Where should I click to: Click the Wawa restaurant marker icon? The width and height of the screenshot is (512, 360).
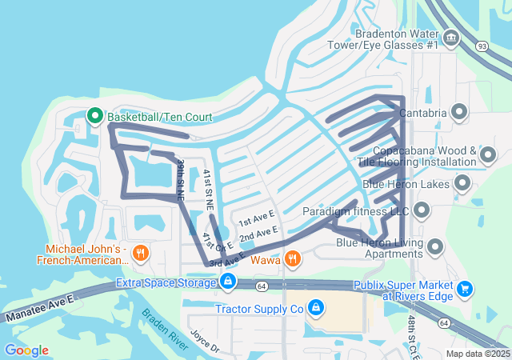(293, 259)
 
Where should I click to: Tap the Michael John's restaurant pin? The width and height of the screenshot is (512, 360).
(142, 253)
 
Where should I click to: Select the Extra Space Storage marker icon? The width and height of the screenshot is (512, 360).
(228, 282)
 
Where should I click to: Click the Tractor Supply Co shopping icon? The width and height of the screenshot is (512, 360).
(316, 308)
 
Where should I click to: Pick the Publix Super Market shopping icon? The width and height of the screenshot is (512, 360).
(465, 290)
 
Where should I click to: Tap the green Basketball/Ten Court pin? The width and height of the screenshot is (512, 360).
(94, 117)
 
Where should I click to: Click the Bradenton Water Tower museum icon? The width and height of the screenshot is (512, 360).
(450, 37)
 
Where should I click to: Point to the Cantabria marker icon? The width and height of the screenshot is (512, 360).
(460, 113)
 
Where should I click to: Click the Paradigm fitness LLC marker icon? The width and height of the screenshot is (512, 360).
(422, 211)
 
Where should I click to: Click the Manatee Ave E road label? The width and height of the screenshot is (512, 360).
(37, 308)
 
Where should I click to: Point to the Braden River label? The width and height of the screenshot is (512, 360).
(165, 330)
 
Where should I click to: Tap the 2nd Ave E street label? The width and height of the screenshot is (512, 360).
(258, 233)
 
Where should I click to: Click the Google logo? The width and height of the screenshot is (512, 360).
(26, 350)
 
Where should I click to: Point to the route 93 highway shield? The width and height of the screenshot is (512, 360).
(481, 46)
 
